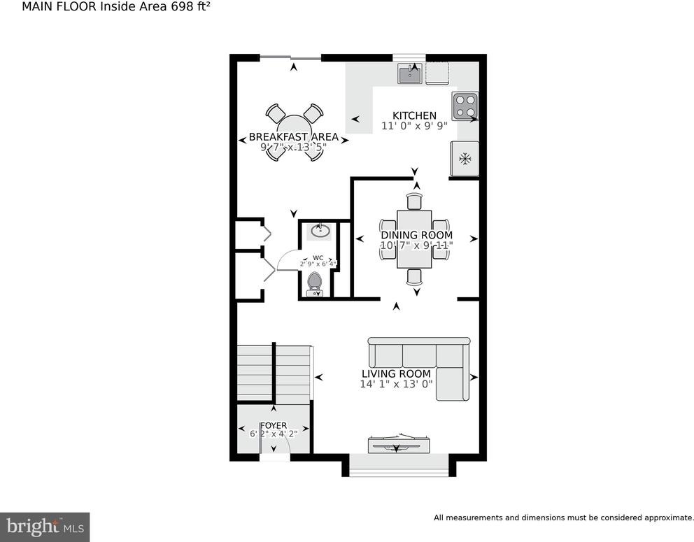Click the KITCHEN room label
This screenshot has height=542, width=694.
[x=414, y=115]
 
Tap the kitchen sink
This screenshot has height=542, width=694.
[x=409, y=73]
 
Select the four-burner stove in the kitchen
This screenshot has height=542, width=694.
[x=465, y=106]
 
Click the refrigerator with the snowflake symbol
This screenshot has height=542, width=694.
[x=465, y=158]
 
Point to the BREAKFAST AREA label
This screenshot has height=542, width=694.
[x=293, y=137]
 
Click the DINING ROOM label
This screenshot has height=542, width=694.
[x=416, y=235]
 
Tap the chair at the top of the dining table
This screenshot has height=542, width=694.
[x=415, y=201]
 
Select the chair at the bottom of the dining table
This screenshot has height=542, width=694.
[x=415, y=276]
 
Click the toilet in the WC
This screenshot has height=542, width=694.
[x=315, y=284]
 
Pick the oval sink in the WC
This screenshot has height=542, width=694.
[x=320, y=231]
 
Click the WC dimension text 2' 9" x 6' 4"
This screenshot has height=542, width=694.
[x=318, y=264]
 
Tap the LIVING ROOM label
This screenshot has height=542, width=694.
[x=396, y=373]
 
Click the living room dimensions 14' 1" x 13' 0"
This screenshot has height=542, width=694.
[x=396, y=384]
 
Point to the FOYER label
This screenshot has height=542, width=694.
[x=274, y=426]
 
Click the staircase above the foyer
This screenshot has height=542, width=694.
[x=274, y=373]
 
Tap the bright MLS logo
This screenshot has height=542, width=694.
[x=45, y=527]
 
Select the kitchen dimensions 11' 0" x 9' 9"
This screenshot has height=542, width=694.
[x=414, y=126]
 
